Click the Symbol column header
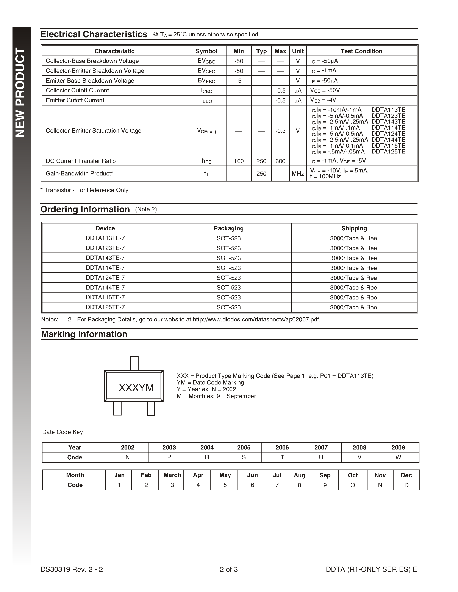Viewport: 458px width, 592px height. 206,51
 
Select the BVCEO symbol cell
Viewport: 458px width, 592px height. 206,71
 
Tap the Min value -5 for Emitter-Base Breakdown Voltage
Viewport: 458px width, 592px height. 239,81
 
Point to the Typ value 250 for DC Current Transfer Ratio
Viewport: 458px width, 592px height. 261,161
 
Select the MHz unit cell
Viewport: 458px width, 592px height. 298,174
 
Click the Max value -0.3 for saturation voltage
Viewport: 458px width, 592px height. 280,131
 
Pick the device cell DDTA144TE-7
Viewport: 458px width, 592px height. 105,287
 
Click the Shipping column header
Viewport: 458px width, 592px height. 354,228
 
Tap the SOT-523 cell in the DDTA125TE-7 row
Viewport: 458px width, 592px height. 228,307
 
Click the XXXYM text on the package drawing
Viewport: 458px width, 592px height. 136,388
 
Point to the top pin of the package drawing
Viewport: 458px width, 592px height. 134,363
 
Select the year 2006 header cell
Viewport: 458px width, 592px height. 282,447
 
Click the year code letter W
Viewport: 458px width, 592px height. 398,457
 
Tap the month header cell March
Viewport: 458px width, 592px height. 172,475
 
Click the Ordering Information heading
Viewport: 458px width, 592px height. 85,209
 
